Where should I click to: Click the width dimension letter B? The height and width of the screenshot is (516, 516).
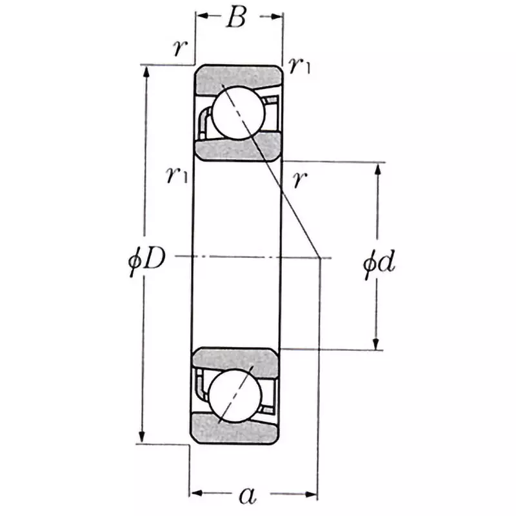236,19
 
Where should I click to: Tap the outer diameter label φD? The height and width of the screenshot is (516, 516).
147,261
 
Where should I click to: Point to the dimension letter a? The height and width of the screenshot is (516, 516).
247,495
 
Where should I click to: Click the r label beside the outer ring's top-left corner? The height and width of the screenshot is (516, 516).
179,47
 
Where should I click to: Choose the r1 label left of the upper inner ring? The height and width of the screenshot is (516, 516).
176,174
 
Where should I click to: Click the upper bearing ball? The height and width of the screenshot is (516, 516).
238,113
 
